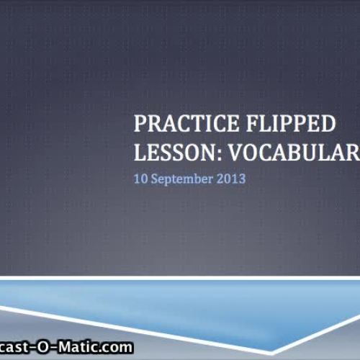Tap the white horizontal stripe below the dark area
click(x=180, y=277)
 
